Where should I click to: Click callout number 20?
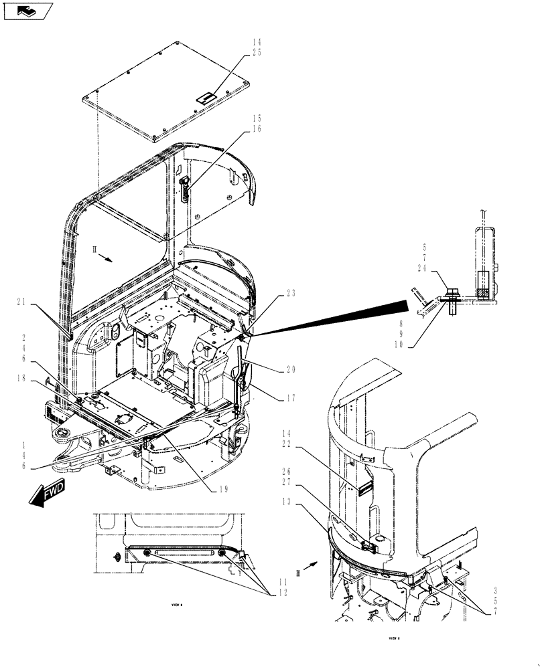[x=290, y=369]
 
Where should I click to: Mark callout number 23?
[x=290, y=293]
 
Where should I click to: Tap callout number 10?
[x=421, y=346]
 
